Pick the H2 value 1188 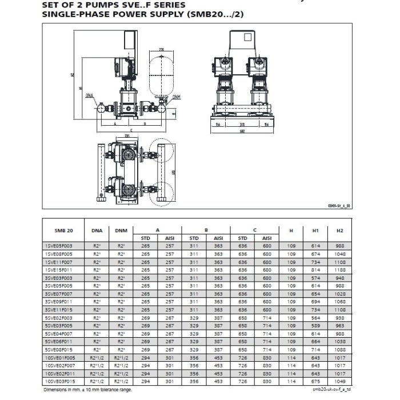(340, 269)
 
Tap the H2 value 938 (340, 318)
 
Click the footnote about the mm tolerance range (86, 390)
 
